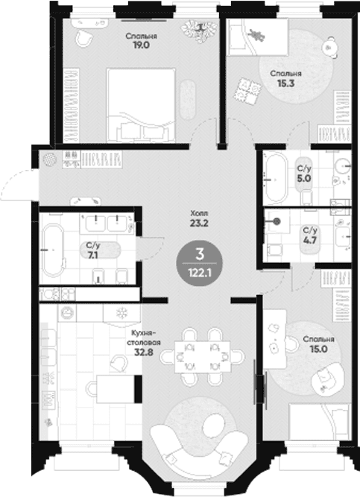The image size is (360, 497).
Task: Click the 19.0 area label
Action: (x=142, y=45)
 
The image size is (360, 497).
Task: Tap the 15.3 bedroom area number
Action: (x=285, y=83)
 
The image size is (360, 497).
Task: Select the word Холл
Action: (x=199, y=212)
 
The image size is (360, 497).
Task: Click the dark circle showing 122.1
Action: (x=200, y=263)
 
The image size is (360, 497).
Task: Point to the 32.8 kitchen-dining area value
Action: (x=143, y=352)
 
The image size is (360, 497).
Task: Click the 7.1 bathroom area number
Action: (x=93, y=255)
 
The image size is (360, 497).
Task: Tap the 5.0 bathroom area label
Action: (x=303, y=178)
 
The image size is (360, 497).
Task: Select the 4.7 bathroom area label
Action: (x=309, y=240)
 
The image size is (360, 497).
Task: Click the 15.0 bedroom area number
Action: (x=319, y=349)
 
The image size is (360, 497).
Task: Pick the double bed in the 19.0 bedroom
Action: (x=141, y=105)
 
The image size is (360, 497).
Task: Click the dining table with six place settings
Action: (x=203, y=357)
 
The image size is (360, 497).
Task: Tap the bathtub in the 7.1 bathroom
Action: (x=53, y=250)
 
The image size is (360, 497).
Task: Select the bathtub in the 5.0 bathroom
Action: (x=276, y=178)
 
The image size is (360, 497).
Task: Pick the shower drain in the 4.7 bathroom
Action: (x=277, y=221)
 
